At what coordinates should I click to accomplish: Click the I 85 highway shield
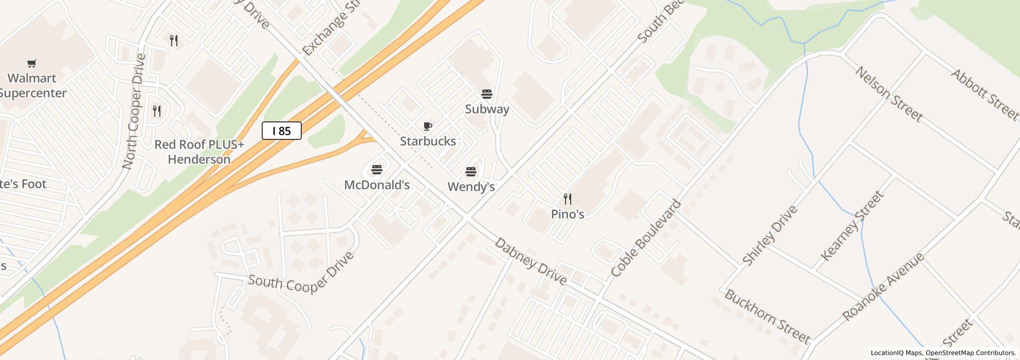pyautogui.click(x=281, y=131)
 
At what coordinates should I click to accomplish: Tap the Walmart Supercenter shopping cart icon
pyautogui.click(x=32, y=64)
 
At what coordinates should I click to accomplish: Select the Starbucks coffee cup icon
pyautogui.click(x=427, y=126)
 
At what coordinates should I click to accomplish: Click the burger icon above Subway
pyautogui.click(x=486, y=94)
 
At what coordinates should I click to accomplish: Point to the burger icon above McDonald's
pyautogui.click(x=377, y=170)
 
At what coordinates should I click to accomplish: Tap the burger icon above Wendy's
pyautogui.click(x=471, y=171)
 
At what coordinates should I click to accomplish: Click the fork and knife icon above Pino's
pyautogui.click(x=568, y=199)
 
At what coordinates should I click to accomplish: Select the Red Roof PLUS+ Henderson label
pyautogui.click(x=199, y=152)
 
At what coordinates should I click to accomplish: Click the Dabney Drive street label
pyautogui.click(x=530, y=261)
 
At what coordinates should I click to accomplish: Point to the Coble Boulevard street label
pyautogui.click(x=646, y=238)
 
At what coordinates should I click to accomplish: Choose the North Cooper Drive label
pyautogui.click(x=135, y=111)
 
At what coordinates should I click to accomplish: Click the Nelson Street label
pyautogui.click(x=888, y=94)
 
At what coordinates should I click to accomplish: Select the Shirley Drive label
pyautogui.click(x=770, y=235)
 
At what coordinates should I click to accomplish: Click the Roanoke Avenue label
pyautogui.click(x=884, y=286)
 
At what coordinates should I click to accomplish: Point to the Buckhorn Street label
pyautogui.click(x=767, y=316)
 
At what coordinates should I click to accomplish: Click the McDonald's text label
pyautogui.click(x=377, y=185)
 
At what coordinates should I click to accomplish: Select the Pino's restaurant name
pyautogui.click(x=568, y=214)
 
